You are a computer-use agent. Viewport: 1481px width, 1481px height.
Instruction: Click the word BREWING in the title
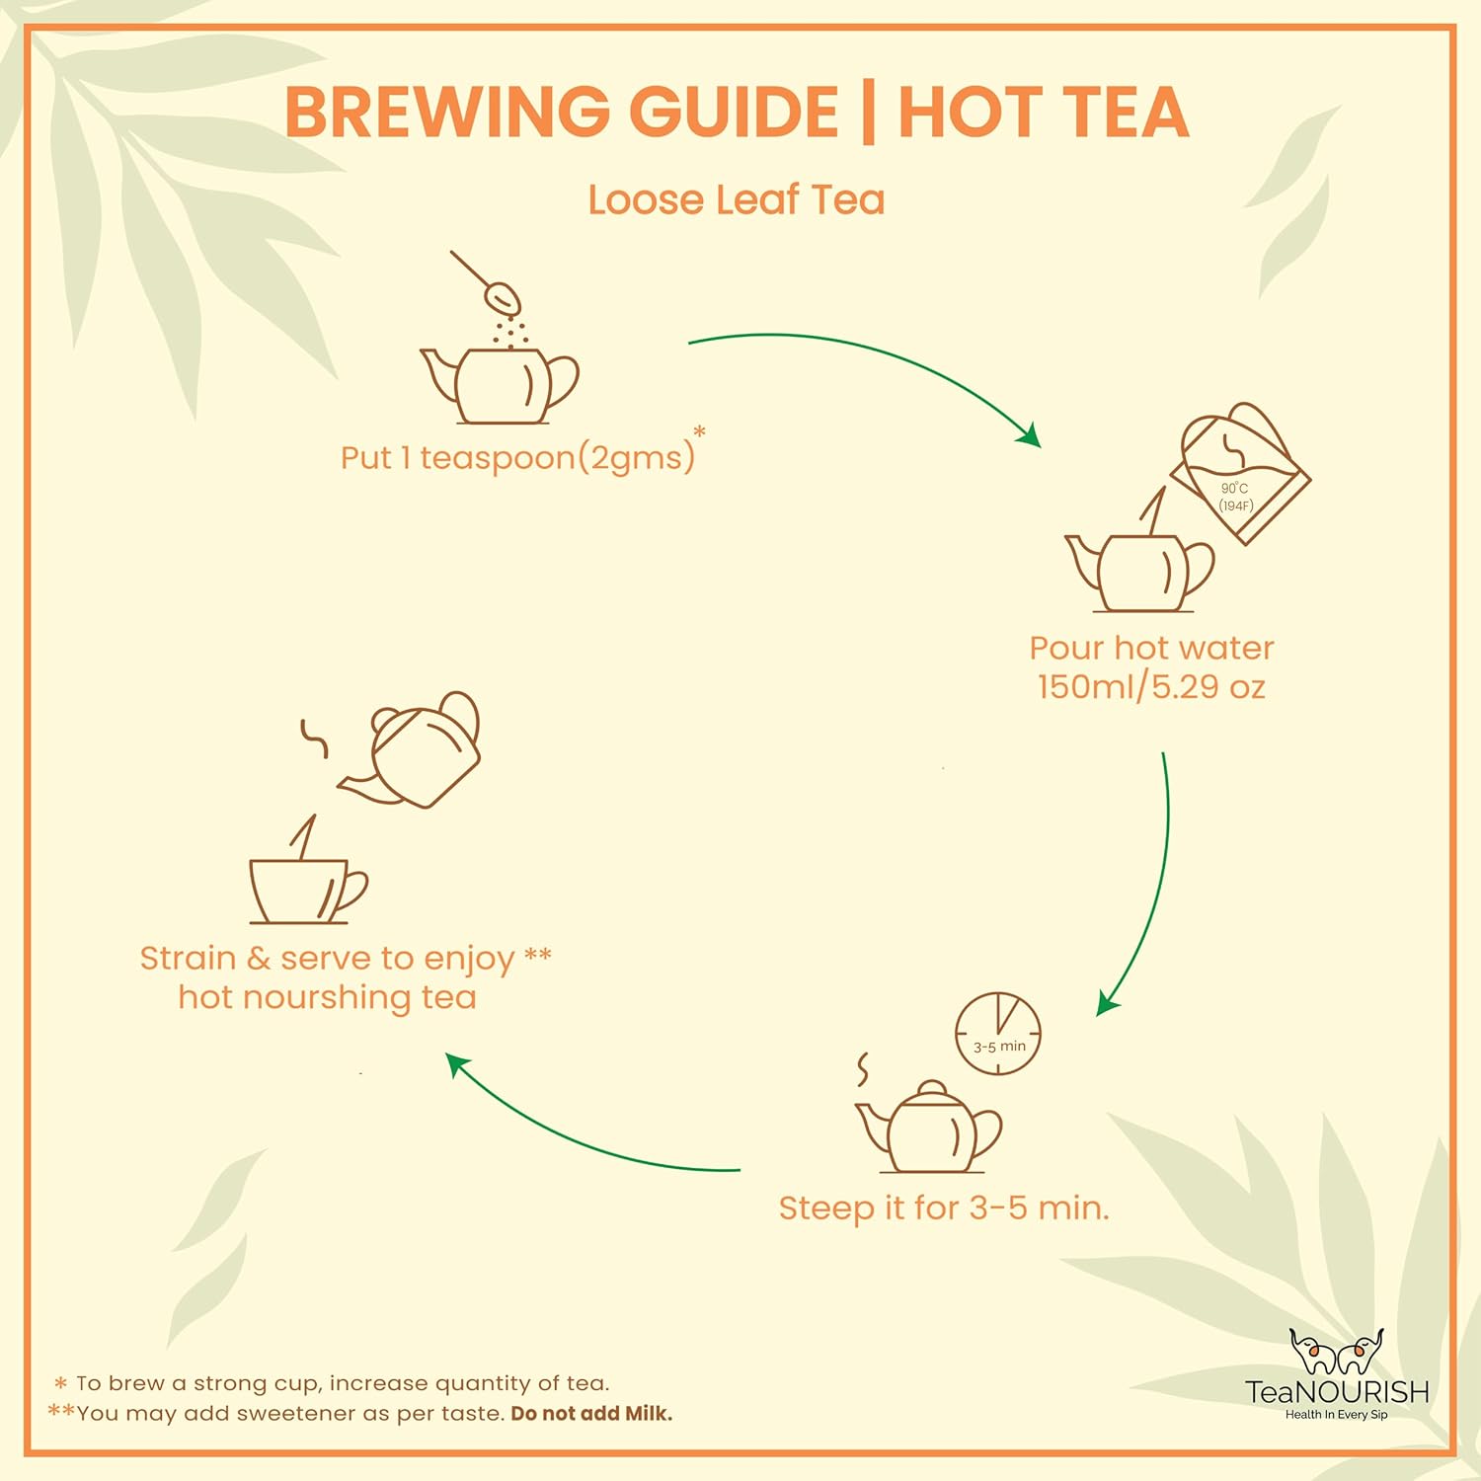[x=447, y=112]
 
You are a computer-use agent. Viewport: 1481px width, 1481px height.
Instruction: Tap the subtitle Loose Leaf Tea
[x=736, y=199]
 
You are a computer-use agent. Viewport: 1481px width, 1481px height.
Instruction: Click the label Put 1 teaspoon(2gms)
[x=517, y=458]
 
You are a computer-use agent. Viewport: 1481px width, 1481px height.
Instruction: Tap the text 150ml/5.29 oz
[x=1151, y=687]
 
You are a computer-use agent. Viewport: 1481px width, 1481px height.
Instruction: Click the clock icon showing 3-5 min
[x=998, y=1034]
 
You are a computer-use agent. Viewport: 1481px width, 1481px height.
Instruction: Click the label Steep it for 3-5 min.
[x=944, y=1208]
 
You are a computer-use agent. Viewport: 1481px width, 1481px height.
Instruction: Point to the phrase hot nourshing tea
[x=327, y=997]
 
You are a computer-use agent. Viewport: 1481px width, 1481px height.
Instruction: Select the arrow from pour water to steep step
[x=1150, y=889]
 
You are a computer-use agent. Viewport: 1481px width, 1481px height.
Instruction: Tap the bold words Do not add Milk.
[x=591, y=1414]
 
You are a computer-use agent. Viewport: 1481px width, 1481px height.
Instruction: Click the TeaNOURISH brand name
[x=1337, y=1392]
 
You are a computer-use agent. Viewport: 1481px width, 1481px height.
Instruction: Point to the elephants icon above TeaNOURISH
[x=1336, y=1352]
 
